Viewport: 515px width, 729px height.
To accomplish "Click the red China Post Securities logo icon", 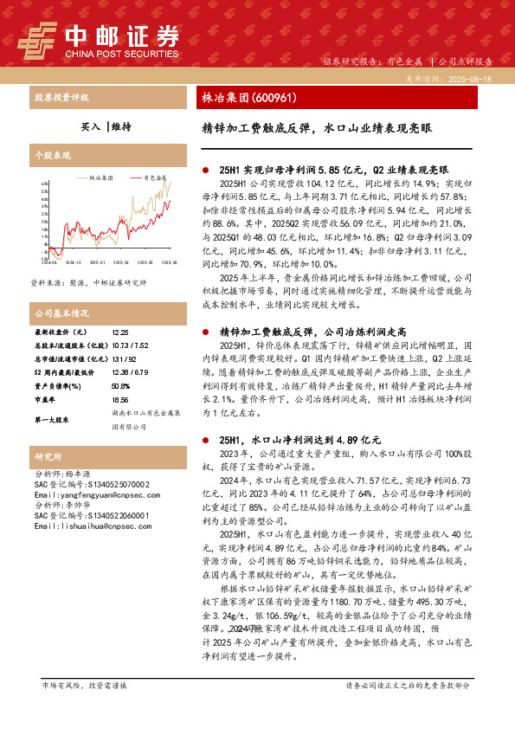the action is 37,38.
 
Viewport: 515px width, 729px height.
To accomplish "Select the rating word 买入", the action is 90,126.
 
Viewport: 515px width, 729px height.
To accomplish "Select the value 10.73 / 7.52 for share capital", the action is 131,344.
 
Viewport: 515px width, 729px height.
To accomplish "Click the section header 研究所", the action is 48,456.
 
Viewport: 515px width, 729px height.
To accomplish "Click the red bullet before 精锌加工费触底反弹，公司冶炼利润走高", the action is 204,332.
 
